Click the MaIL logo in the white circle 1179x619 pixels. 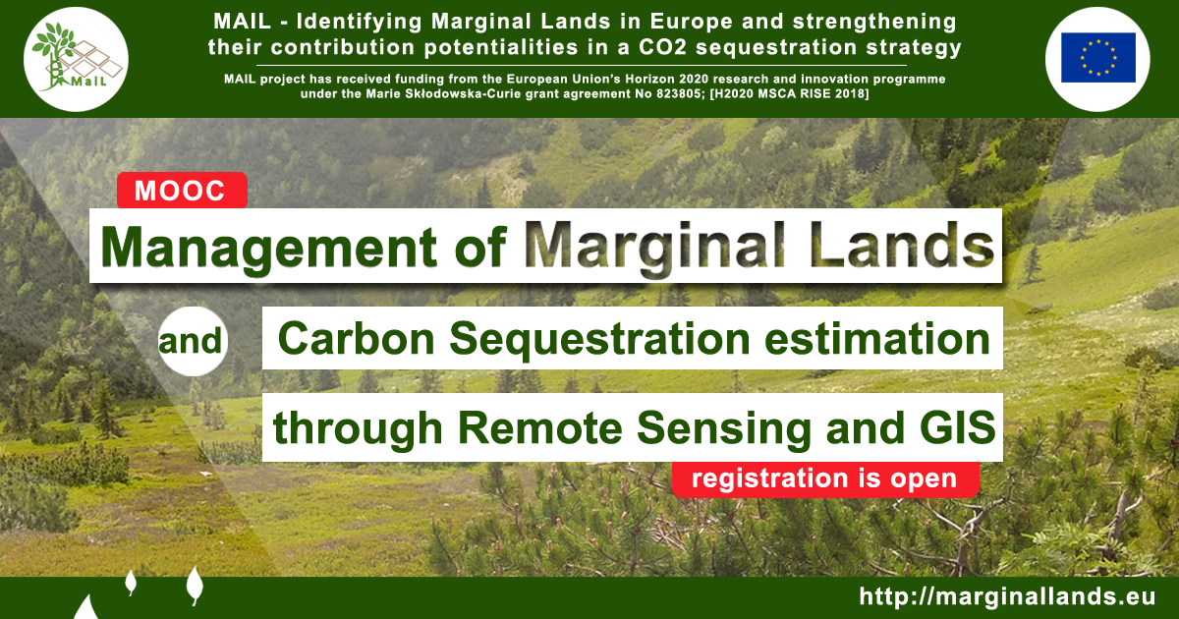pos(76,60)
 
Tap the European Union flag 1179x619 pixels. pos(1098,57)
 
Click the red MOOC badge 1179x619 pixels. pos(182,190)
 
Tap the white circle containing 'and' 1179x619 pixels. pos(193,341)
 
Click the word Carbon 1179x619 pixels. pos(357,339)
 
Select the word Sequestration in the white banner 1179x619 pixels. pos(599,340)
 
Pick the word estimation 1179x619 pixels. pos(877,339)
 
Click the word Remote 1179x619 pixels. pos(540,428)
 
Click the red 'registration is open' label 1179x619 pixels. pos(825,479)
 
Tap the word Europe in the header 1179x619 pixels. pos(691,22)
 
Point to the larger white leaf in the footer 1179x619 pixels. pos(195,585)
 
